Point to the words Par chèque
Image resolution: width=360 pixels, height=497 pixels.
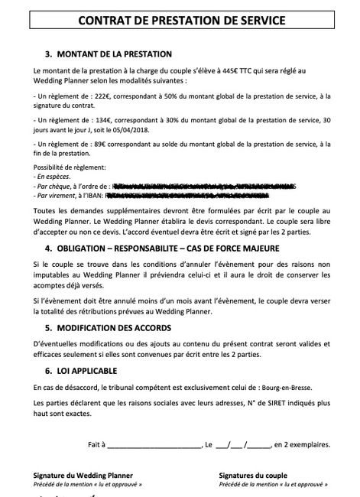click(57, 186)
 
